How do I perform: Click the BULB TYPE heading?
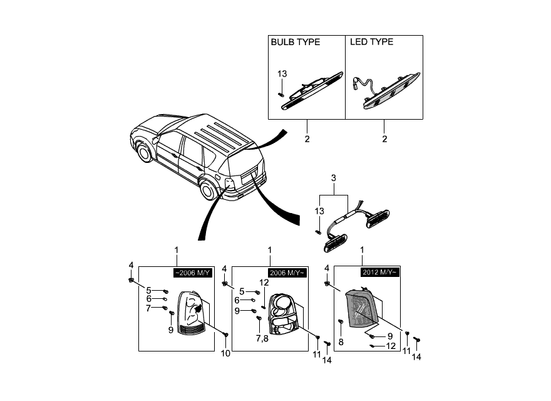pos(295,42)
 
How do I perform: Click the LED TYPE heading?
pos(371,42)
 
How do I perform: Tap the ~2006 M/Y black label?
pos(193,273)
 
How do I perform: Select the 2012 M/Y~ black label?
pos(380,273)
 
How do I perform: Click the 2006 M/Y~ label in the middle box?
pos(286,273)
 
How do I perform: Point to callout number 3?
pos(334,178)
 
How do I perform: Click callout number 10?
pos(225,353)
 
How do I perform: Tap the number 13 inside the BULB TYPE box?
pos(282,74)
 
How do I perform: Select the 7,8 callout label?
pos(262,339)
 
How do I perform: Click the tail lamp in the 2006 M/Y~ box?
pos(283,314)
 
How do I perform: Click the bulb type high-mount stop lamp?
pos(311,91)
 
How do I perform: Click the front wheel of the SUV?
pos(145,153)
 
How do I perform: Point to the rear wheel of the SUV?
pos(208,190)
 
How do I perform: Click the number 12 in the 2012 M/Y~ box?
pos(391,346)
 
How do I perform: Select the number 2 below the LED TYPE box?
pos(384,139)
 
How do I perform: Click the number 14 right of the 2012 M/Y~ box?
pos(416,357)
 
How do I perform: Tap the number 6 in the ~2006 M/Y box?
pos(148,299)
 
